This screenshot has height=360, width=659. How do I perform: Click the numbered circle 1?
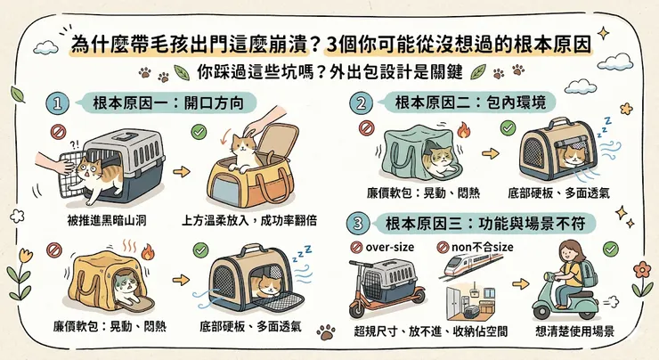point(58,103)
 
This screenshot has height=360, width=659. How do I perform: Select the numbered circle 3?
point(359,222)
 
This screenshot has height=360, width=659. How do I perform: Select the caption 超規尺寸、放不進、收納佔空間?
point(431,331)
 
